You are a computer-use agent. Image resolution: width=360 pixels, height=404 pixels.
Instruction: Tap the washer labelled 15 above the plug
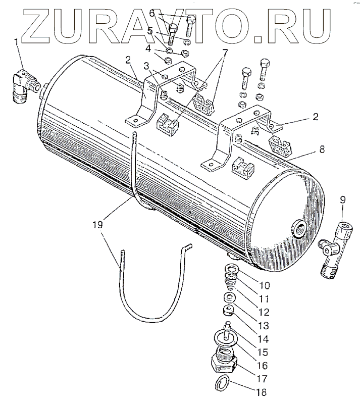click(222, 335)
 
